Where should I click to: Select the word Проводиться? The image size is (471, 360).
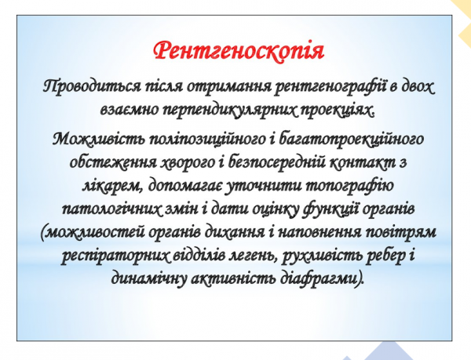click(86, 85)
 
